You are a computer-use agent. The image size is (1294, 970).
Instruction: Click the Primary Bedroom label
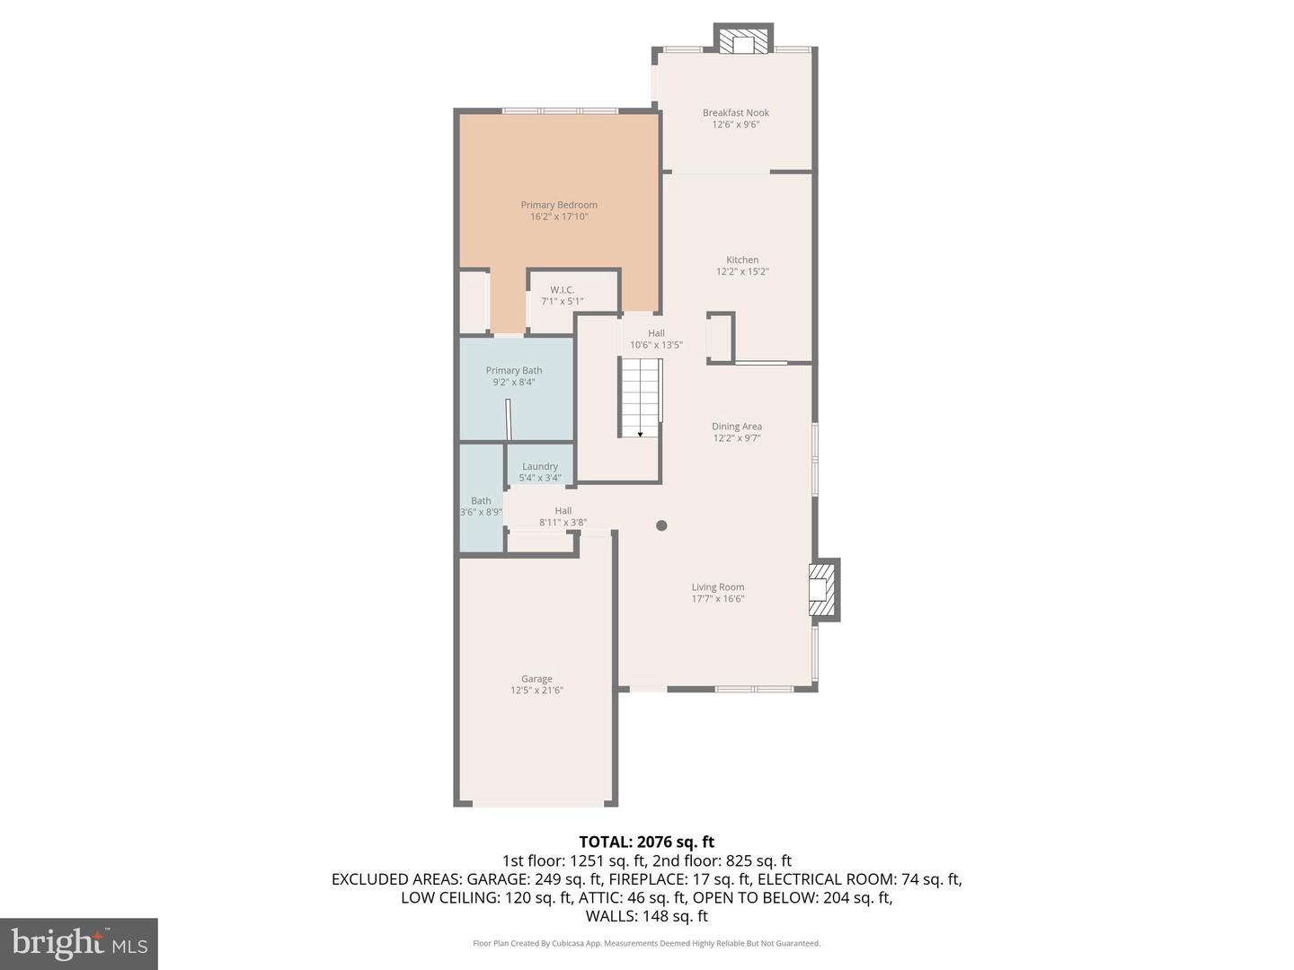[x=559, y=206]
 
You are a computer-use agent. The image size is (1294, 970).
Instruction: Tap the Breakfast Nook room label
[x=736, y=113]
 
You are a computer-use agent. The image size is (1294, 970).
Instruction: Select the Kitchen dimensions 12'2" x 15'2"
[x=742, y=271]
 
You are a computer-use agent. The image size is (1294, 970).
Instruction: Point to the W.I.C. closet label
[x=563, y=290]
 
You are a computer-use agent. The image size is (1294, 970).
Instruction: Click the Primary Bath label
[x=514, y=371]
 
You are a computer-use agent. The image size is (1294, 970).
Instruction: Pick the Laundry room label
[x=540, y=467]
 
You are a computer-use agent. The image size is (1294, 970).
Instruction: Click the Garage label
[x=536, y=680]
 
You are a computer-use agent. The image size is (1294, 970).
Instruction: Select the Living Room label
[x=718, y=587]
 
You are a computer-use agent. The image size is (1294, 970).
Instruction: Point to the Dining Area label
[x=737, y=428]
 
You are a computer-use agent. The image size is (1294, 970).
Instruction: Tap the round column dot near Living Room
[x=661, y=525]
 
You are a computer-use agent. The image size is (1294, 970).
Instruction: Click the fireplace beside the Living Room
[x=823, y=589]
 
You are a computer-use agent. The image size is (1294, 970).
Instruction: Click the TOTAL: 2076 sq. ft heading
[x=646, y=842]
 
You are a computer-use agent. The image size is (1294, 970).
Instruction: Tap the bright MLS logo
[x=79, y=943]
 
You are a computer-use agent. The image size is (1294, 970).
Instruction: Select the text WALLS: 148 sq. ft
[x=646, y=916]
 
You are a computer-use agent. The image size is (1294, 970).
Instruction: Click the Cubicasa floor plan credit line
[x=646, y=943]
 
